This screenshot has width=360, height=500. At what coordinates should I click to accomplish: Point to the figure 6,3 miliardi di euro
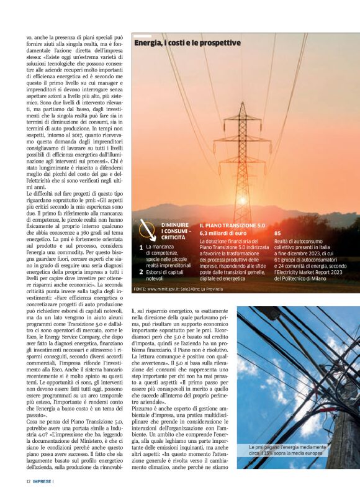223,232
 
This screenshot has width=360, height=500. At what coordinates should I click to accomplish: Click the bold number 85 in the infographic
278,233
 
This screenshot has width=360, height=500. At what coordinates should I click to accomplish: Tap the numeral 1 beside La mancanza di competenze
141,247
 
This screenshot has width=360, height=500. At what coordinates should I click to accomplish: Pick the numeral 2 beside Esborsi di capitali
141,271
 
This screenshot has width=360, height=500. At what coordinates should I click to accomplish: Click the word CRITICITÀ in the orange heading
173,237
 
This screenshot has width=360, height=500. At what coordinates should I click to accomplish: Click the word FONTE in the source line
139,289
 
